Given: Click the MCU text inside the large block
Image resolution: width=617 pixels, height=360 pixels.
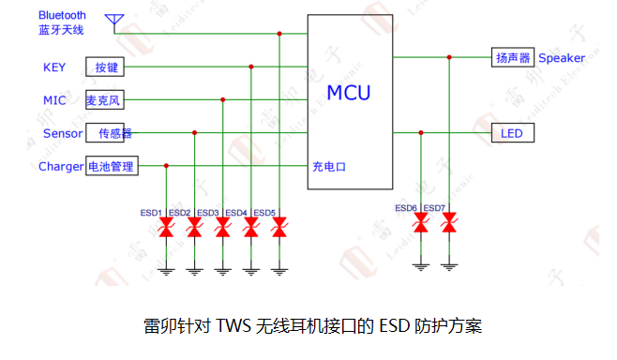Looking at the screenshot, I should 348,93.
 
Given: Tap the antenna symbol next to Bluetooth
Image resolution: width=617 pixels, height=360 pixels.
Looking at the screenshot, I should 116,21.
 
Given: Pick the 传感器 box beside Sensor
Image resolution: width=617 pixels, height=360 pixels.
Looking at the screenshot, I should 111,133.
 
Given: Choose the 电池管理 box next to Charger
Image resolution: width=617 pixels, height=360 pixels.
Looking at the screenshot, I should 112,167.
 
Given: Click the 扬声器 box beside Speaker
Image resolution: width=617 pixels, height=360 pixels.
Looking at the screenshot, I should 513,58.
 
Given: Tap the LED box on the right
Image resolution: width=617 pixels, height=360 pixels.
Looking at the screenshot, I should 513,133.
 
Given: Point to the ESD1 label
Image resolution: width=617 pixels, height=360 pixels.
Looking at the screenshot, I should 153,212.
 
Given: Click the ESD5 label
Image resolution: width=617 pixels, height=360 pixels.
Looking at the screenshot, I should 264,212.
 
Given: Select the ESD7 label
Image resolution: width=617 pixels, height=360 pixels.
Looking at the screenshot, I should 434,207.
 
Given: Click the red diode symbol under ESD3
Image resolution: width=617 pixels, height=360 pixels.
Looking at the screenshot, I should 222,228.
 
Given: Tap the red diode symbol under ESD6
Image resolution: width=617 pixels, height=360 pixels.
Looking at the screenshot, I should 421,223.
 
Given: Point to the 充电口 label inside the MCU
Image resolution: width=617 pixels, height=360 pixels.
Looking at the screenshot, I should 329,167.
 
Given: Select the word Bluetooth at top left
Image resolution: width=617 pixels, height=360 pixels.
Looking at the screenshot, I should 63,15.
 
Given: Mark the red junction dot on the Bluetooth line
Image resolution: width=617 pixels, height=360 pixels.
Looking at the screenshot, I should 278,34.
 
